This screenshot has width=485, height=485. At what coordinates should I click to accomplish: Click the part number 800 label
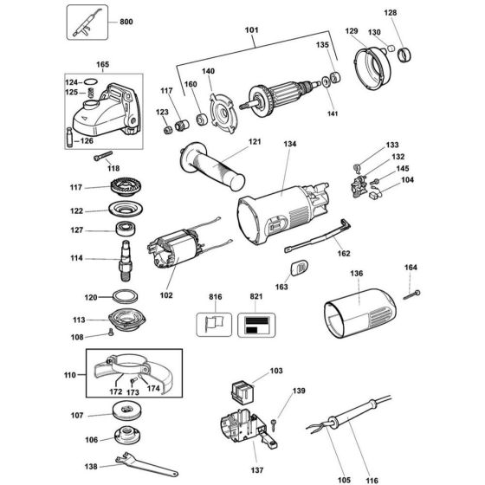[126, 22]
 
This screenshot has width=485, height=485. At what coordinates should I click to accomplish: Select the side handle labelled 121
[212, 165]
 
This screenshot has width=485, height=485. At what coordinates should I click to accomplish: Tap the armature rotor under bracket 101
[278, 95]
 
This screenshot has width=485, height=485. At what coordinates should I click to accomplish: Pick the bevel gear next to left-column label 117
[126, 186]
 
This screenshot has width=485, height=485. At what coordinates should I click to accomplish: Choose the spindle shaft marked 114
[126, 261]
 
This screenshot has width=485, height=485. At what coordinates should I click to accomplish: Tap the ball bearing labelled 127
[126, 229]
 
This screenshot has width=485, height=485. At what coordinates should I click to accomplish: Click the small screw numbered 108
[111, 333]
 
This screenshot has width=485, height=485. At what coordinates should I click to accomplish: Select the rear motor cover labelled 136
[359, 313]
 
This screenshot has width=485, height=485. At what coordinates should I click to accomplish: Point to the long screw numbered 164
[411, 295]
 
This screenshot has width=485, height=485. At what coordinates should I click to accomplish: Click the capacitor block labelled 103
[242, 392]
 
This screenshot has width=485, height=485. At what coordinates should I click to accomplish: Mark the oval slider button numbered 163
[300, 267]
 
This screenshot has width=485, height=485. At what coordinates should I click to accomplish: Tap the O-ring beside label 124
[91, 82]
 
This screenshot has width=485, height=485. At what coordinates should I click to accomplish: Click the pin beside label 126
[69, 137]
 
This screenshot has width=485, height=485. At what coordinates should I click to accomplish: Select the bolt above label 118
[103, 156]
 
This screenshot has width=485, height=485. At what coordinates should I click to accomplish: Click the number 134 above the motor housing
[290, 144]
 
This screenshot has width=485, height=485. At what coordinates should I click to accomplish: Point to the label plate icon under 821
[256, 325]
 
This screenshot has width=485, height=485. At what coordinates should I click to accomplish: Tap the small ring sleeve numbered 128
[404, 55]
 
